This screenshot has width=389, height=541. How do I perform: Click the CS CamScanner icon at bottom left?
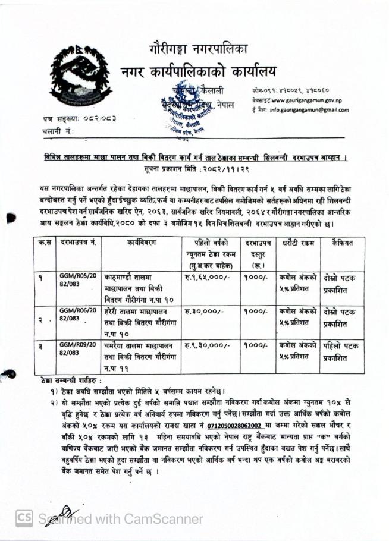(x=24, y=518)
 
